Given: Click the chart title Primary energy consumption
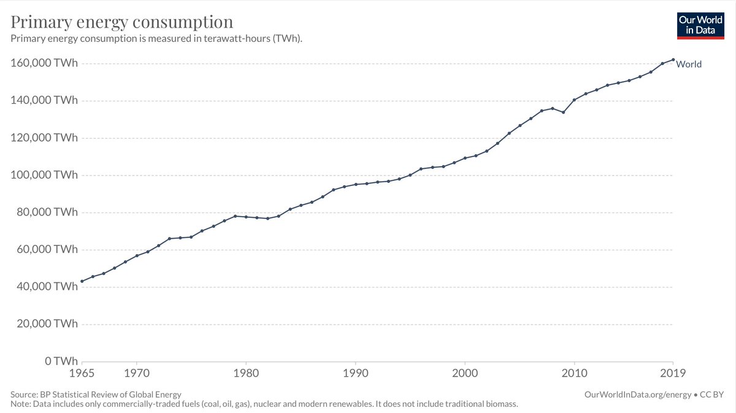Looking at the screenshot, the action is [x=121, y=22].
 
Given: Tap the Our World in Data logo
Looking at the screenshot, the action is [x=700, y=26].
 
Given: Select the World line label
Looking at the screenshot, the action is [x=689, y=64].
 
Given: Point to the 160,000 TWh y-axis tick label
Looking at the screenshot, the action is [x=44, y=63].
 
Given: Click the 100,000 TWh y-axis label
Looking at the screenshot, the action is [x=44, y=175].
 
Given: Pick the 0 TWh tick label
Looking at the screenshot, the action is [x=61, y=361].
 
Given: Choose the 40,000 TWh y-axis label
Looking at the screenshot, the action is [x=47, y=287].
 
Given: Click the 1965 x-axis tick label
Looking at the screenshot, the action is [x=82, y=373].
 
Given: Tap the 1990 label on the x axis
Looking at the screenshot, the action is [x=356, y=373].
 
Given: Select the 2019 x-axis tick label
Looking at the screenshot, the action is [x=673, y=373].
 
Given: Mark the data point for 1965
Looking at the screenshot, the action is [x=82, y=281].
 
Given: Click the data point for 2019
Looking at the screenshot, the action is [x=673, y=60].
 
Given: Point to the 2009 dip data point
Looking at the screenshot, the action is [x=564, y=112].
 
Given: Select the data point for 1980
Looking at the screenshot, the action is [x=246, y=217].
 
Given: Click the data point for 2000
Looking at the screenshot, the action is [x=465, y=158].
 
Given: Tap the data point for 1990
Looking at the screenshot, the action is [x=356, y=185].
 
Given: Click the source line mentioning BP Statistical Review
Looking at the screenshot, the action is [x=96, y=395].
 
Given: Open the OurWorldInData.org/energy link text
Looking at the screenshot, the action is [x=638, y=395].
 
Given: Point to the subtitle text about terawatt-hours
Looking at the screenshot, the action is [x=156, y=39].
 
